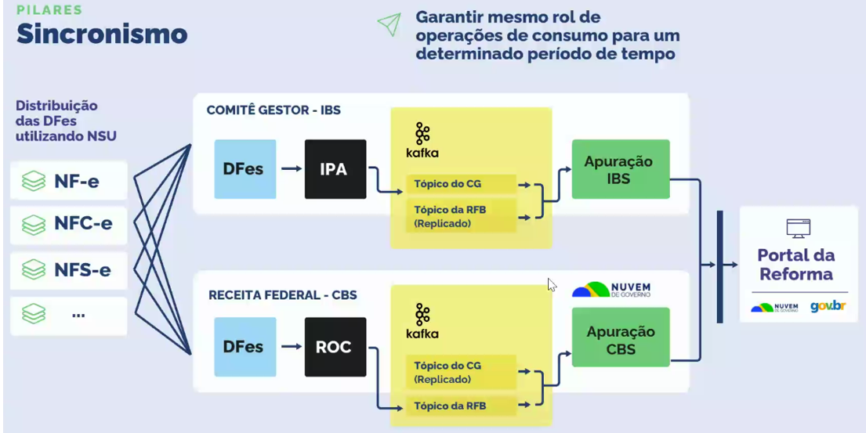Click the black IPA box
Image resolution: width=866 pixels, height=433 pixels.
pyautogui.click(x=335, y=168)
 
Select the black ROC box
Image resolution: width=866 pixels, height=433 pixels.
pyautogui.click(x=335, y=346)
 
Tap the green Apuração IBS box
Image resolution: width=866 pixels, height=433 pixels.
pyautogui.click(x=621, y=169)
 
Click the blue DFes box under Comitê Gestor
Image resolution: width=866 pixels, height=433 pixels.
pyautogui.click(x=245, y=168)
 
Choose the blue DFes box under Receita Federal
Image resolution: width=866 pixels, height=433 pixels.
pyautogui.click(x=245, y=346)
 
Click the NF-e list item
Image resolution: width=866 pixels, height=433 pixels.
pyautogui.click(x=69, y=182)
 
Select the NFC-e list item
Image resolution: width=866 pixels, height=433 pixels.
pyautogui.click(x=69, y=224)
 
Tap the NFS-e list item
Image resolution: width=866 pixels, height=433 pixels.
pyautogui.click(x=69, y=270)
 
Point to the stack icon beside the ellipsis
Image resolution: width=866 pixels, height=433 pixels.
pyautogui.click(x=34, y=315)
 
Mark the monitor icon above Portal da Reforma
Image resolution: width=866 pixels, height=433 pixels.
pyautogui.click(x=798, y=228)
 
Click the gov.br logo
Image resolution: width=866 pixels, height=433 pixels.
pyautogui.click(x=828, y=306)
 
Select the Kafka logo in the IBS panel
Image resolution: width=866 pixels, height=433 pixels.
pyautogui.click(x=422, y=140)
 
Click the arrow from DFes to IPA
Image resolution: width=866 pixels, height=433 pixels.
pyautogui.click(x=291, y=168)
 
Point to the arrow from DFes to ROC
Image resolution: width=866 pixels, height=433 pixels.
pyautogui.click(x=291, y=346)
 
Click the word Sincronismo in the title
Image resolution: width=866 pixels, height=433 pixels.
pyautogui.click(x=102, y=34)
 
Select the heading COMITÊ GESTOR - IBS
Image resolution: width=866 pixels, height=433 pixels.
pyautogui.click(x=274, y=110)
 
